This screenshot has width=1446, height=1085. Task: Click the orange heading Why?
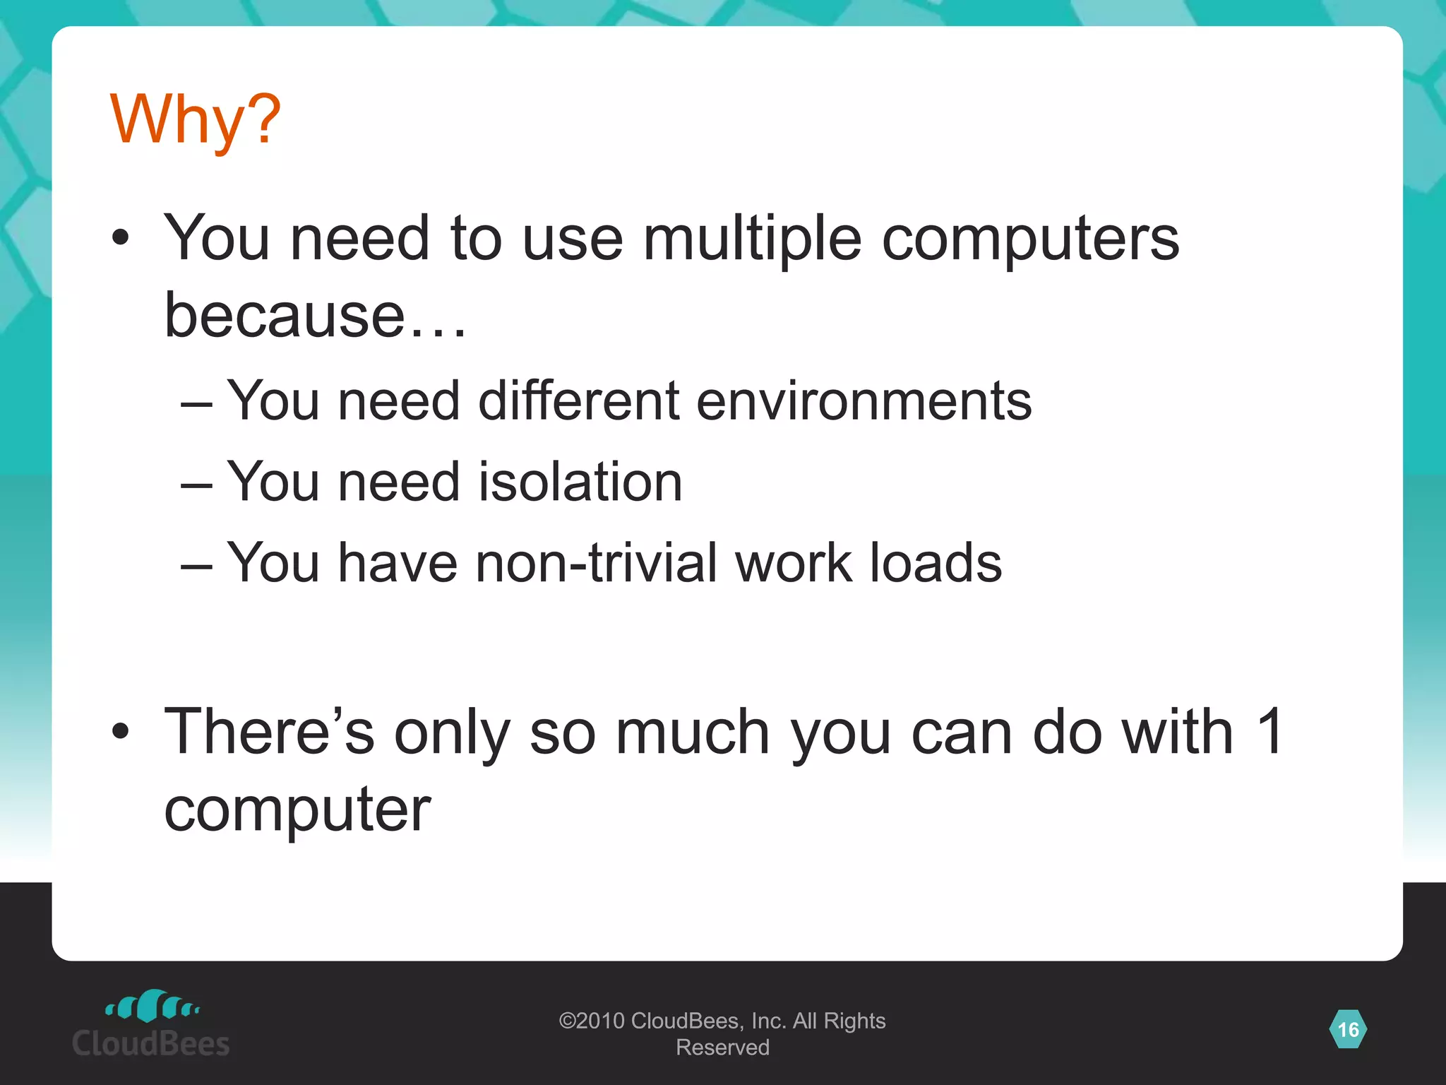[x=196, y=120]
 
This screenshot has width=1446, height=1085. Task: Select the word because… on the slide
[x=315, y=315]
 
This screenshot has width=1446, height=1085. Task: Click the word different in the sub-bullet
[x=578, y=401]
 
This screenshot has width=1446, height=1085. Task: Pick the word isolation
[x=580, y=482]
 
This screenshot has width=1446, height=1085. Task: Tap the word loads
[x=935, y=563]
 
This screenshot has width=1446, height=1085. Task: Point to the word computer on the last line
[x=297, y=811]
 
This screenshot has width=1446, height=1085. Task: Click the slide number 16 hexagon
[x=1348, y=1029]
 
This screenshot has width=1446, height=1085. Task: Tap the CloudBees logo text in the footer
[x=151, y=1044]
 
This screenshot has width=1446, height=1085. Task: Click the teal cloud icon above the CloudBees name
[x=153, y=1006]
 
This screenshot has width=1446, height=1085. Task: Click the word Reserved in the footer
[x=722, y=1048]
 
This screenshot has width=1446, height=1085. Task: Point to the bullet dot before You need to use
[x=121, y=239]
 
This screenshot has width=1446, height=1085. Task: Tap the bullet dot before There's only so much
[x=121, y=732]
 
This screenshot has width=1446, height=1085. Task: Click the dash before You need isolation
[x=196, y=485]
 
